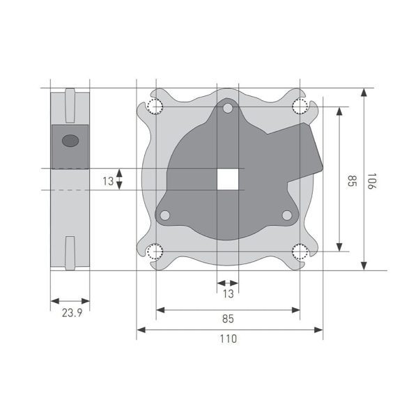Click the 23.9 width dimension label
[72, 313]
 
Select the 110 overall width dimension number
[229, 339]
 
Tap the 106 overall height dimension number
[371, 181]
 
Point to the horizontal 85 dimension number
[228, 318]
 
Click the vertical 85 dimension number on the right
[353, 181]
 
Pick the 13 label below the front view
[229, 294]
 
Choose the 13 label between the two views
[108, 181]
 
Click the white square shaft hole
[228, 179]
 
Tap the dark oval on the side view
[70, 141]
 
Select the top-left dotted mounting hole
[155, 107]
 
